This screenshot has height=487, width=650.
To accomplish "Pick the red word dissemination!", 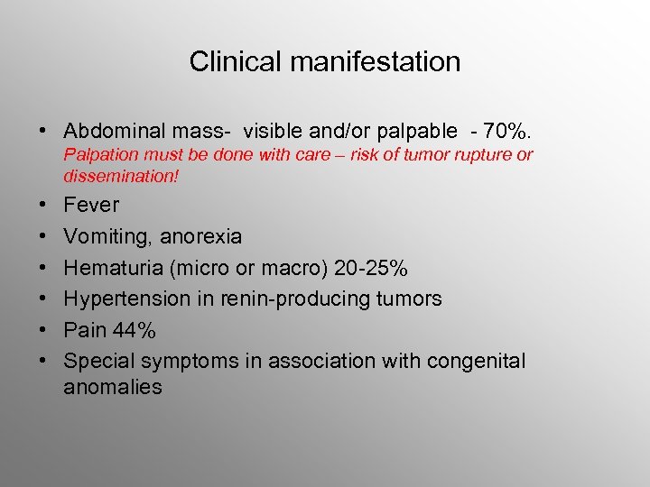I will [x=121, y=177].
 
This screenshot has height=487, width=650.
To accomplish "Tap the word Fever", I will [x=91, y=205].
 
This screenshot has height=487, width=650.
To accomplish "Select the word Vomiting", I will [x=106, y=236].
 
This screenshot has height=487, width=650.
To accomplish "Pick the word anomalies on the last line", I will [x=113, y=388].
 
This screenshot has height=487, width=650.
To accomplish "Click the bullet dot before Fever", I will [x=43, y=205].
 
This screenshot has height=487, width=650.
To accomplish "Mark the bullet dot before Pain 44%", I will [x=43, y=330].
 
